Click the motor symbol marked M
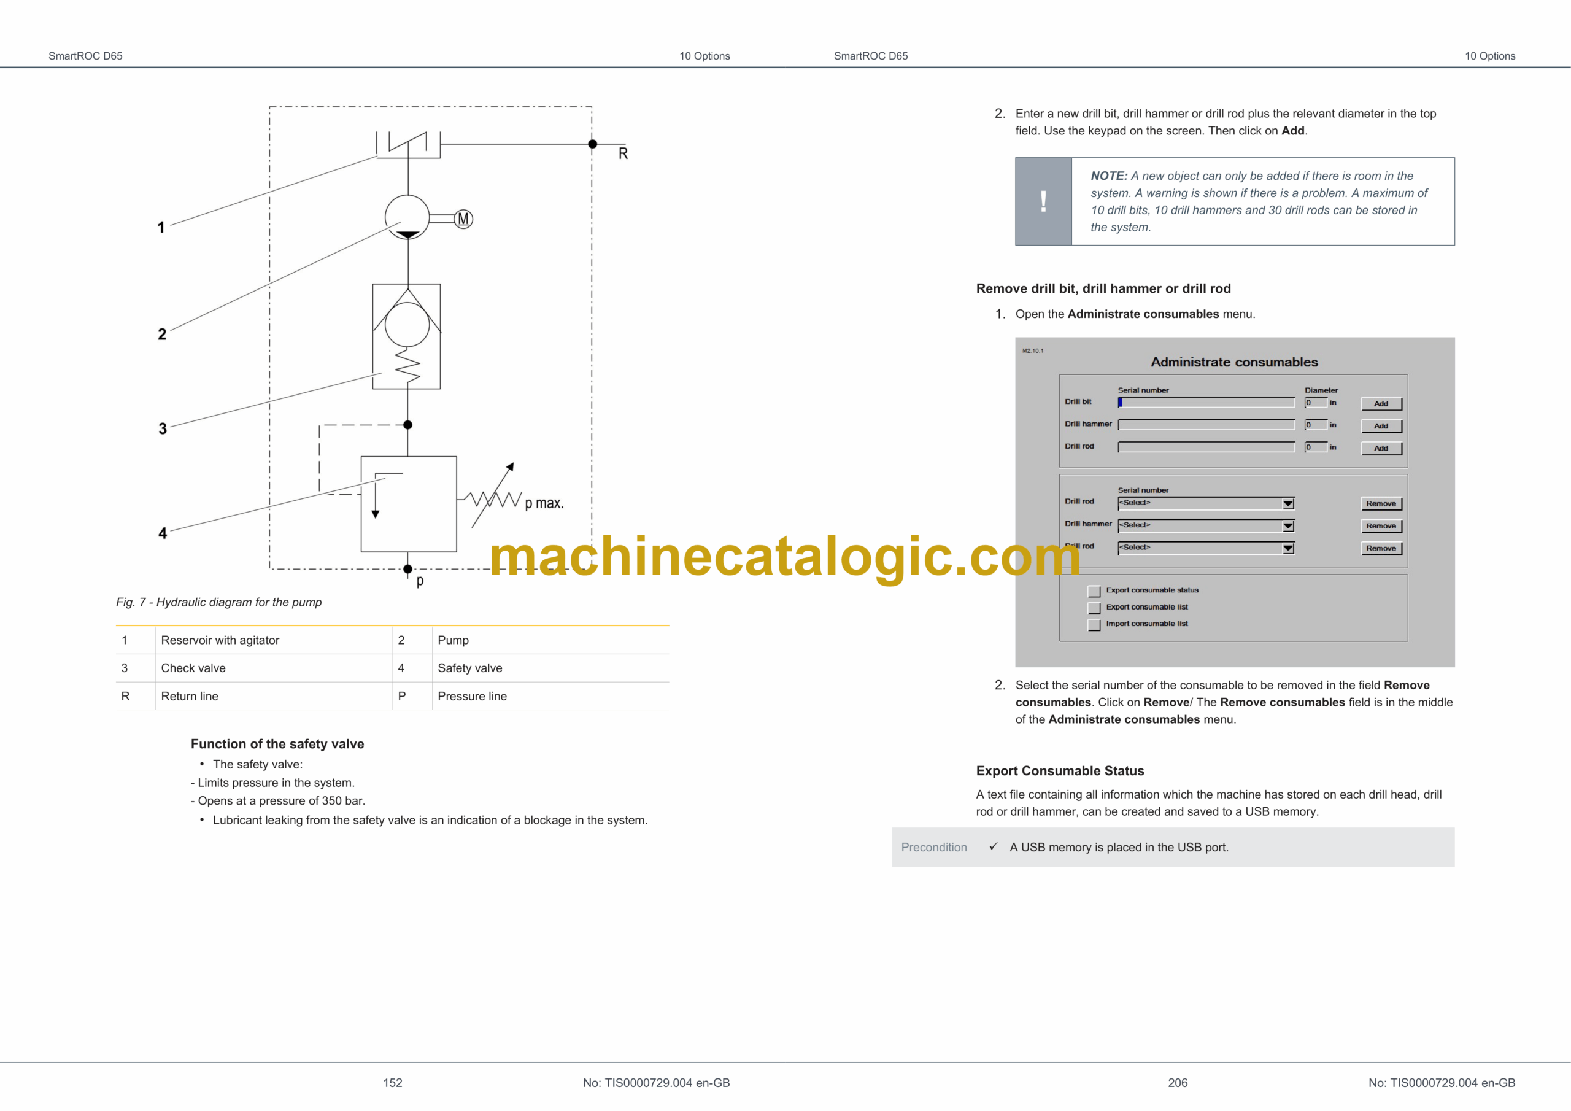pos(463,219)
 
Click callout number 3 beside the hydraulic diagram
pos(162,428)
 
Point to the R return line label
pos(623,153)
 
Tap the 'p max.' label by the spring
pos(544,503)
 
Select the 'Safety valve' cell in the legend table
pos(469,668)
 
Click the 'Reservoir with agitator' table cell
pos(220,640)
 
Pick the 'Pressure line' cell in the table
pos(472,696)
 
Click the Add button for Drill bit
pos(1381,404)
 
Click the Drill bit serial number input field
pos(1206,403)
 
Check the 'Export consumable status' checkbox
pos(1094,590)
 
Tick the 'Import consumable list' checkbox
pos(1094,624)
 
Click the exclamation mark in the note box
pos(1043,202)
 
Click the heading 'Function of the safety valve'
pos(277,744)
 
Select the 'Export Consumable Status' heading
pos(1060,771)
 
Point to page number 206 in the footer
pos(1178,1083)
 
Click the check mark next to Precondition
pos(993,847)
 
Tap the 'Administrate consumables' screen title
pos(1233,362)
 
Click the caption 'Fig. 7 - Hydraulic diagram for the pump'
pos(218,602)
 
